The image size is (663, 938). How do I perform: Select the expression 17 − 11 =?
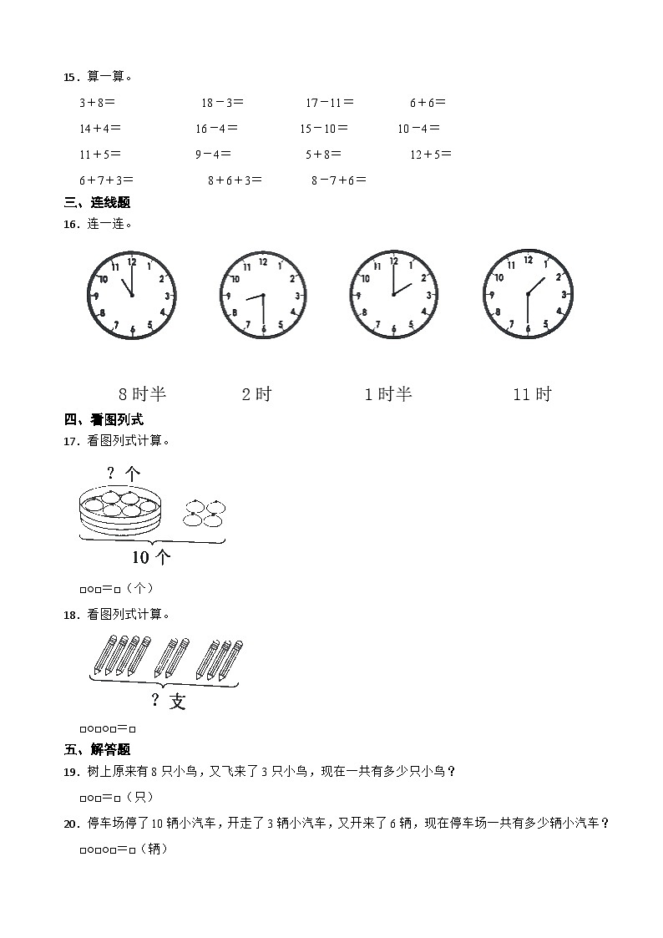[x=329, y=103]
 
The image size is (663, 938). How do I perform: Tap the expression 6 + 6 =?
[x=428, y=103]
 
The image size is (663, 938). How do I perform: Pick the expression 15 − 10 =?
[x=324, y=129]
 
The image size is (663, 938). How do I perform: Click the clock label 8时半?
[x=143, y=393]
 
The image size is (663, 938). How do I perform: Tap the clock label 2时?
[x=256, y=393]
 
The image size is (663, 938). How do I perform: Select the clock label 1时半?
[x=388, y=393]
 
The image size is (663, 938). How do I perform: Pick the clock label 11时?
[x=532, y=393]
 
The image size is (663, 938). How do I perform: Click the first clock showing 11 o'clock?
[x=132, y=294]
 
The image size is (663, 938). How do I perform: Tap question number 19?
[x=70, y=772]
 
